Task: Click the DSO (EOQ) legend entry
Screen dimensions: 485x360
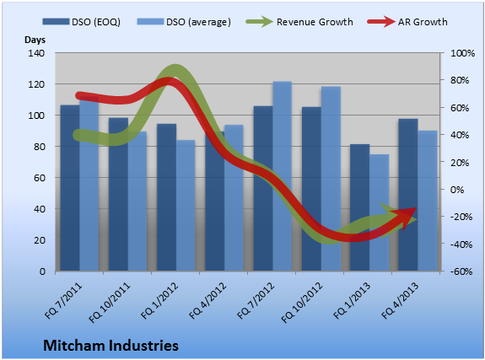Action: pos(81,22)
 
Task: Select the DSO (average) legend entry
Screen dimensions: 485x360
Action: pos(184,22)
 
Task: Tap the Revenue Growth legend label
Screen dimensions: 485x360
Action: pos(315,22)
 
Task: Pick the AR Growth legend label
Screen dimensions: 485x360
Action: pos(423,22)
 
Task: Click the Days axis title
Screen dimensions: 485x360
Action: pos(35,40)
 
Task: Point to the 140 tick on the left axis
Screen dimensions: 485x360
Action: pos(36,53)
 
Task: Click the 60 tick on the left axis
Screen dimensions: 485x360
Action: pos(40,178)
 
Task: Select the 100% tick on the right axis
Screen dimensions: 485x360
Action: pos(462,53)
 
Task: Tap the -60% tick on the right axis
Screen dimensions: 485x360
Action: pos(461,271)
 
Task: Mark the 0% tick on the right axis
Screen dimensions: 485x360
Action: pos(457,190)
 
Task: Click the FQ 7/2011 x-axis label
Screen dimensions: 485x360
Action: pos(63,301)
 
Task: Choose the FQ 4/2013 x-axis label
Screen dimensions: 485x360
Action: pos(400,301)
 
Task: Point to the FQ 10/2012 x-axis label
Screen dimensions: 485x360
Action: pos(302,303)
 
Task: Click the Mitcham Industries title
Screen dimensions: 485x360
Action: pos(110,345)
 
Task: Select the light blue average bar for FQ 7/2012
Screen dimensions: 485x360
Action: pos(282,176)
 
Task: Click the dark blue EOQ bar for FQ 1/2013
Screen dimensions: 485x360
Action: pos(359,207)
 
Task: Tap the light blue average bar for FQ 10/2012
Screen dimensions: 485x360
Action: pos(331,179)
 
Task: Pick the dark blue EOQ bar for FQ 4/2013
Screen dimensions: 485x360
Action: pos(408,195)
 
